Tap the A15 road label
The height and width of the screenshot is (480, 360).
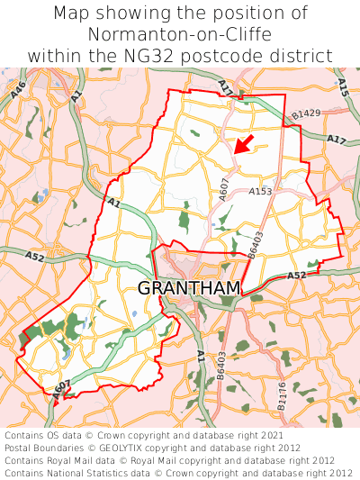pyautogui.click(x=342, y=86)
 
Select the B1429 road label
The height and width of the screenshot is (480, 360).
pyautogui.click(x=306, y=113)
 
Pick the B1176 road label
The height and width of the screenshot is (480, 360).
pyautogui.click(x=281, y=396)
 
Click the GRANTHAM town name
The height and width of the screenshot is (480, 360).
pyautogui.click(x=189, y=288)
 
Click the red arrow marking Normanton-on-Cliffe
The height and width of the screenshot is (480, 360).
pyautogui.click(x=242, y=143)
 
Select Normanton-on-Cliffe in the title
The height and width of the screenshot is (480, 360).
pyautogui.click(x=180, y=35)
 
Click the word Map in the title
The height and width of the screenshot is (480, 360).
pyautogui.click(x=72, y=14)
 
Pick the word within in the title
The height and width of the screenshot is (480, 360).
pyautogui.click(x=56, y=56)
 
